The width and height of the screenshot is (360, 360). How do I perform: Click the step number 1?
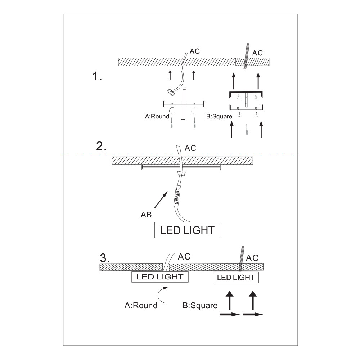tap(97, 76)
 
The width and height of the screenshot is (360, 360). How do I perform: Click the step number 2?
tap(101, 146)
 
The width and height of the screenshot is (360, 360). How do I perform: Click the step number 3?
tap(105, 258)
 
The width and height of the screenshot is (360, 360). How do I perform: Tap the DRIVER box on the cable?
tap(176, 195)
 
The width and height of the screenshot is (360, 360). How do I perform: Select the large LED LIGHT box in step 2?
tap(187, 230)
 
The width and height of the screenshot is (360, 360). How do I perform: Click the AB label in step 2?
tap(146, 215)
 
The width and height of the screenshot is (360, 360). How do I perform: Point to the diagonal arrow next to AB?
tap(161, 200)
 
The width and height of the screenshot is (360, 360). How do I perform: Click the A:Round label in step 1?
tap(157, 116)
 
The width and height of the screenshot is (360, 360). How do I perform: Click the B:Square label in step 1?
tap(219, 116)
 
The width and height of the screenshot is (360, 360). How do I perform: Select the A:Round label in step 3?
tap(141, 305)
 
